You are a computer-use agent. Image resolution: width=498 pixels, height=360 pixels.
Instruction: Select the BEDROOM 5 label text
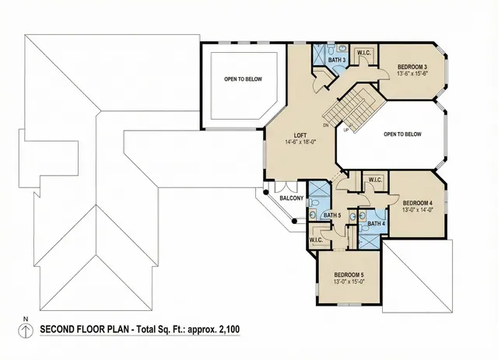point(349,274)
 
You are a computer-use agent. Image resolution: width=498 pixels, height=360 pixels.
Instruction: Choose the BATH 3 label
point(336,61)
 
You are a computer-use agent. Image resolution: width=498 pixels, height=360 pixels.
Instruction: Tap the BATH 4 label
point(376,224)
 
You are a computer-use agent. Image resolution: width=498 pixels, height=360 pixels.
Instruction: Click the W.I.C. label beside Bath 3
point(363,53)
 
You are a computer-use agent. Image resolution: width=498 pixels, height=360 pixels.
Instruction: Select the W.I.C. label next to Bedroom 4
point(373,180)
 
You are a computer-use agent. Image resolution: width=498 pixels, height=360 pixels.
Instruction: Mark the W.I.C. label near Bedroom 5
point(316,240)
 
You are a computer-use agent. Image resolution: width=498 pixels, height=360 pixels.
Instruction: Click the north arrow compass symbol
point(26,330)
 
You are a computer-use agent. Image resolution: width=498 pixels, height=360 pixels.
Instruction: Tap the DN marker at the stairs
point(324,124)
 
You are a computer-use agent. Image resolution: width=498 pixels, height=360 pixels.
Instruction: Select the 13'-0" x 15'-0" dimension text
point(349,283)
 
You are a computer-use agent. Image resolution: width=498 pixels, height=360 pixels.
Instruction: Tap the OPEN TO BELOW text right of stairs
point(404,134)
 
